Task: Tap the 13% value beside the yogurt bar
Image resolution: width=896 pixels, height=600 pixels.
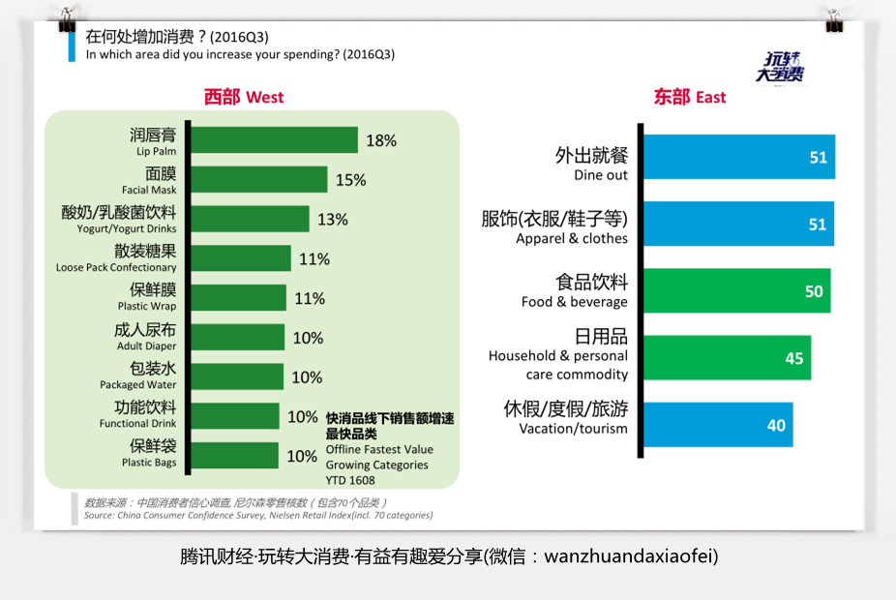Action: pyautogui.click(x=332, y=220)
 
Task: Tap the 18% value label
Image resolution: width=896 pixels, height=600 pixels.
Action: pyautogui.click(x=381, y=141)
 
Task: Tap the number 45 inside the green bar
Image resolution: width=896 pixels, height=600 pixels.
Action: pyautogui.click(x=794, y=358)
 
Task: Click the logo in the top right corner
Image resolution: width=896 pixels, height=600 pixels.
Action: pyautogui.click(x=780, y=66)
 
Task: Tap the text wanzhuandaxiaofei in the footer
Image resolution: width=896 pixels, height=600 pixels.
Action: pyautogui.click(x=631, y=557)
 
